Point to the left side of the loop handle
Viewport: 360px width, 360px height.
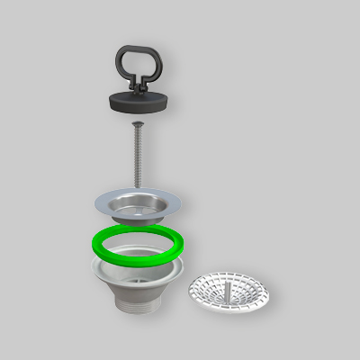point(120,63)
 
